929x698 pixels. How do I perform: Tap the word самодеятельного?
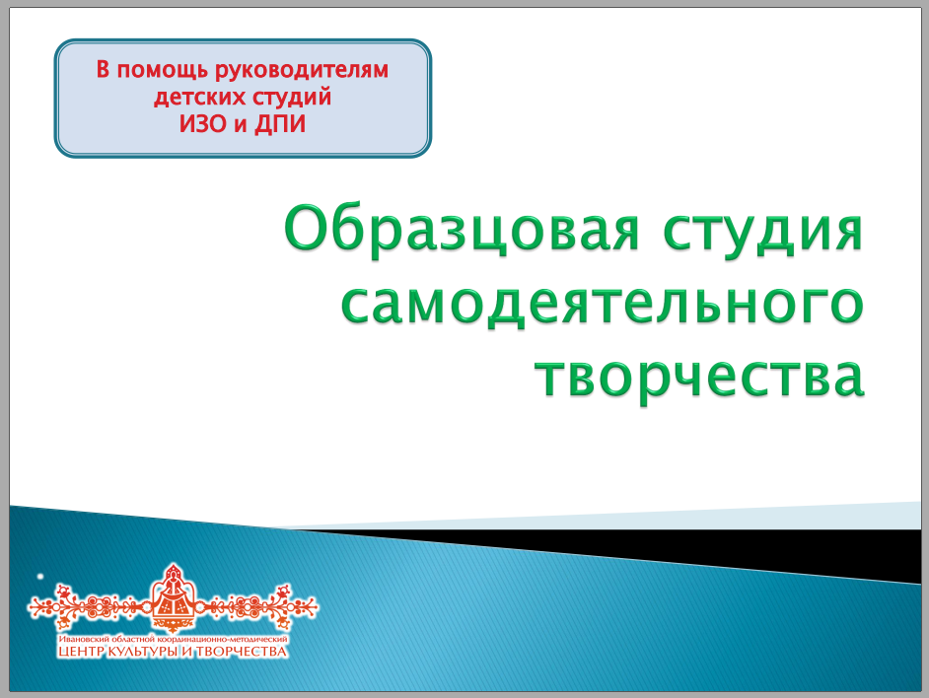[x=603, y=305]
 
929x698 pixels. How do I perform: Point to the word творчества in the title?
[x=700, y=377]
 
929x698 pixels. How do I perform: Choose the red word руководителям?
[x=302, y=71]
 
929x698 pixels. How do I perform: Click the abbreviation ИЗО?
[x=203, y=124]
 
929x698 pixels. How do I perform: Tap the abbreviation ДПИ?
[x=280, y=124]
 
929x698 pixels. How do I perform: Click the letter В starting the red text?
[x=104, y=70]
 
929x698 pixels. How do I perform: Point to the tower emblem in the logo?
[x=173, y=597]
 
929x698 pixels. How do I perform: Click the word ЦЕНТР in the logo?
[x=81, y=652]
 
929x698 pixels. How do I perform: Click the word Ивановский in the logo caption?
[x=80, y=639]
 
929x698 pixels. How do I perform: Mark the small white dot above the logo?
[x=40, y=576]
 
